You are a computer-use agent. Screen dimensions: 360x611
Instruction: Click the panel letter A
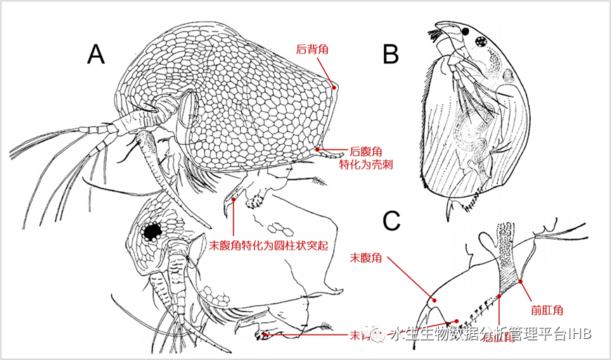[x=96, y=53]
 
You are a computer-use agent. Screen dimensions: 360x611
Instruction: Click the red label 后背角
[x=313, y=50]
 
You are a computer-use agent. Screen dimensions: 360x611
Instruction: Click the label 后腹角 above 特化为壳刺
[x=366, y=151]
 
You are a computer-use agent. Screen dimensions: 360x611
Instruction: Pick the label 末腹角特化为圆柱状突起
[x=270, y=247]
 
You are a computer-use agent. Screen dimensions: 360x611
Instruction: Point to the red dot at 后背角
[x=334, y=87]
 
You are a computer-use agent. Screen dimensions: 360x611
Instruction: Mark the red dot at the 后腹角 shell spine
[x=318, y=149]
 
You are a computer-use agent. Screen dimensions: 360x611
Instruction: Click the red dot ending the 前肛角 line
[x=521, y=282]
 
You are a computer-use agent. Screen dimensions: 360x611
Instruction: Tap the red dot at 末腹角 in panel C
[x=435, y=300]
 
